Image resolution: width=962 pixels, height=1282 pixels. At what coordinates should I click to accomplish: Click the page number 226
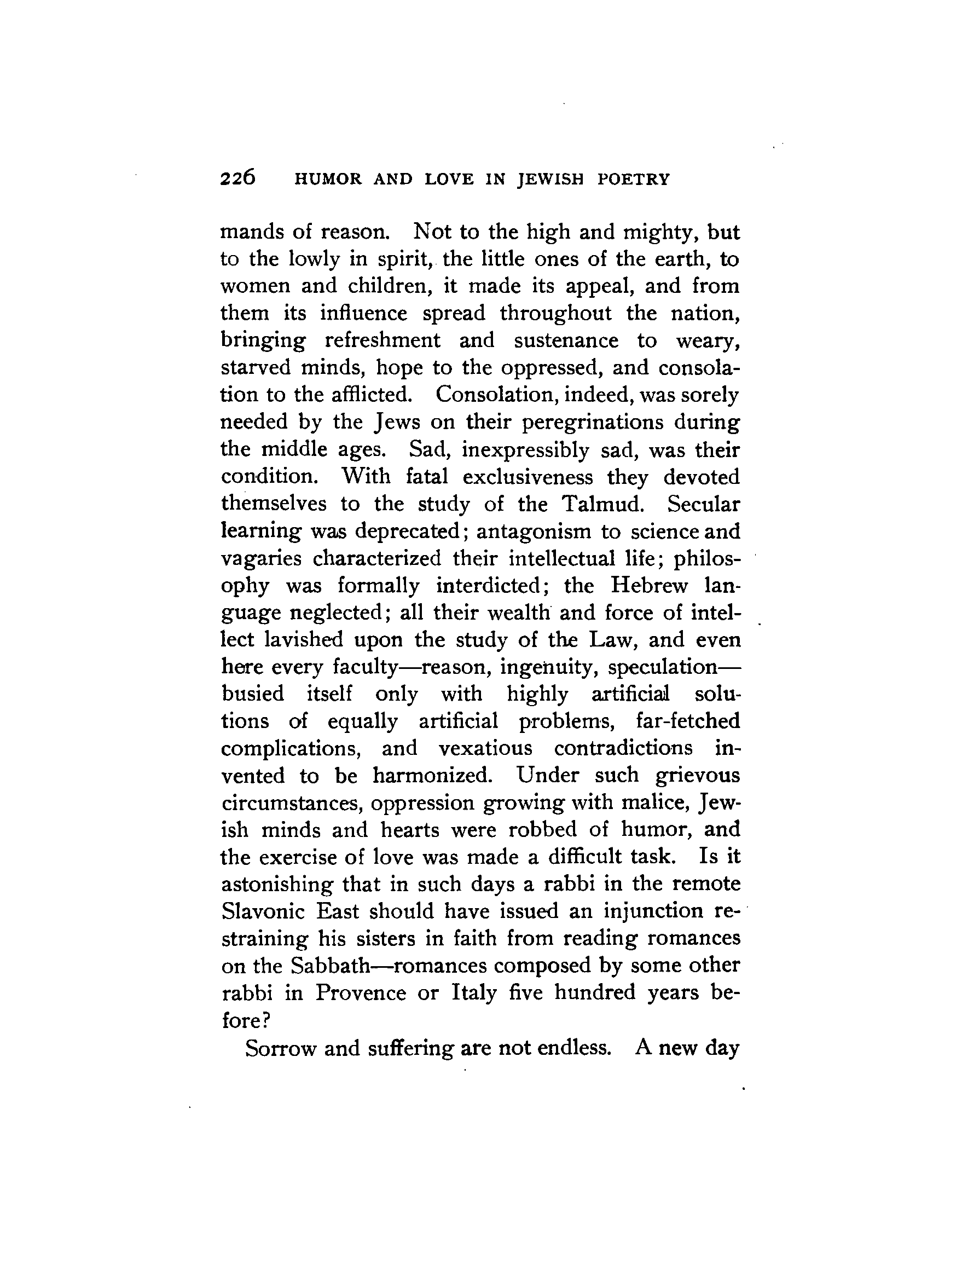pyautogui.click(x=237, y=178)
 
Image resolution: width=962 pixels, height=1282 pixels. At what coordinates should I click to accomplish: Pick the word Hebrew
pyautogui.click(x=649, y=585)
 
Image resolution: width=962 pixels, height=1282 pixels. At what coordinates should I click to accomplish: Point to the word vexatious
pyautogui.click(x=485, y=748)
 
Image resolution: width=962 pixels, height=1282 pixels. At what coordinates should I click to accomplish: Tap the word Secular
pyautogui.click(x=703, y=504)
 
